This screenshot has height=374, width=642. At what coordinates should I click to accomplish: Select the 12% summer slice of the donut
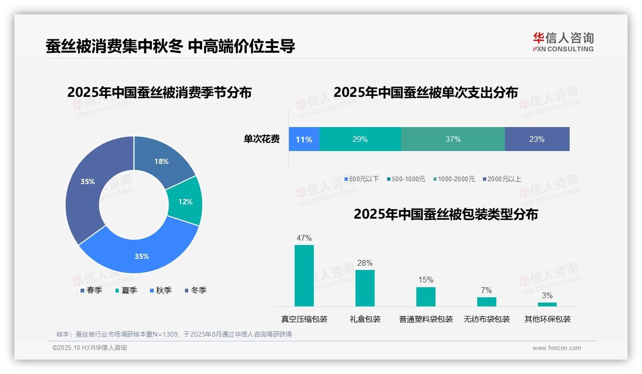[185, 201]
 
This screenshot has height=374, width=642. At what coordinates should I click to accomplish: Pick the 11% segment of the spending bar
[304, 139]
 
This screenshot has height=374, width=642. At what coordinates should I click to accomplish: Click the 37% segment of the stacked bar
[453, 139]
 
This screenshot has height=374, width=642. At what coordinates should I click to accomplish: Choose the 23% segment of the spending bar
[537, 139]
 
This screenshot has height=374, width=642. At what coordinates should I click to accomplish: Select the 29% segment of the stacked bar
[360, 139]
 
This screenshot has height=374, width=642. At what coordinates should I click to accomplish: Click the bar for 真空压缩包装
[304, 276]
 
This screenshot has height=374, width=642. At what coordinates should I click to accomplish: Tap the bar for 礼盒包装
[365, 288]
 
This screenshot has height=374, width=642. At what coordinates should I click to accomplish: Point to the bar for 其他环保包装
[547, 304]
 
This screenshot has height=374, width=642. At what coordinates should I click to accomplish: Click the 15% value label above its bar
[425, 280]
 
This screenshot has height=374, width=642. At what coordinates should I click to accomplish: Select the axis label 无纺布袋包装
[486, 319]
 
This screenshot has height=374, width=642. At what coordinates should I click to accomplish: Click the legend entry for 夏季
[126, 290]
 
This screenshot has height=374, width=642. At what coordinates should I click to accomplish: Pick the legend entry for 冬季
[195, 290]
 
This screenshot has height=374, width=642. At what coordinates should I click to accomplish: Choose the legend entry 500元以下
[361, 179]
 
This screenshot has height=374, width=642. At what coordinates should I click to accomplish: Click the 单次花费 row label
[262, 139]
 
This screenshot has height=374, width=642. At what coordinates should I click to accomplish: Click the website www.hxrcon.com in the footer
[557, 348]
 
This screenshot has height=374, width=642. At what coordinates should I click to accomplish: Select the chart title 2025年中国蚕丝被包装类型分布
[446, 214]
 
